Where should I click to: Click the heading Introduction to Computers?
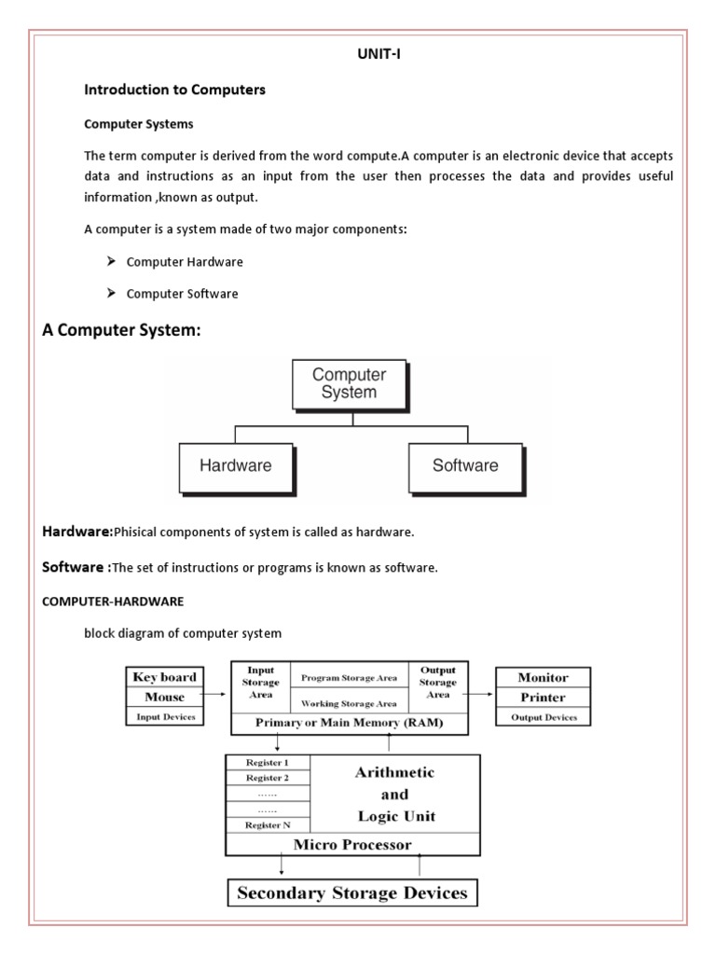click(x=174, y=90)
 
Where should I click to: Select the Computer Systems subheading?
click(x=139, y=123)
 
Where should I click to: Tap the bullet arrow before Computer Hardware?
click(x=110, y=262)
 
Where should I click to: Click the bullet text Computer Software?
click(x=182, y=294)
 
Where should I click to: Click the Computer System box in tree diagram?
click(x=349, y=383)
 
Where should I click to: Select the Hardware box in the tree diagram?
click(x=235, y=465)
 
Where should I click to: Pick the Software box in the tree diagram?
click(x=465, y=465)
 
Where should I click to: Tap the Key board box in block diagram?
click(x=165, y=677)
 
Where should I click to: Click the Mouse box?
click(x=165, y=697)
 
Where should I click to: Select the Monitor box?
click(x=544, y=677)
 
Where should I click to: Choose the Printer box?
click(x=544, y=698)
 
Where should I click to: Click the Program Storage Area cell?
click(x=349, y=677)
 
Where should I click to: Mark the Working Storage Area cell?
click(x=349, y=703)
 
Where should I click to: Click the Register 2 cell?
click(x=267, y=777)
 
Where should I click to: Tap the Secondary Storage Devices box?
click(x=353, y=893)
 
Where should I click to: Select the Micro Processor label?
click(x=353, y=845)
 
